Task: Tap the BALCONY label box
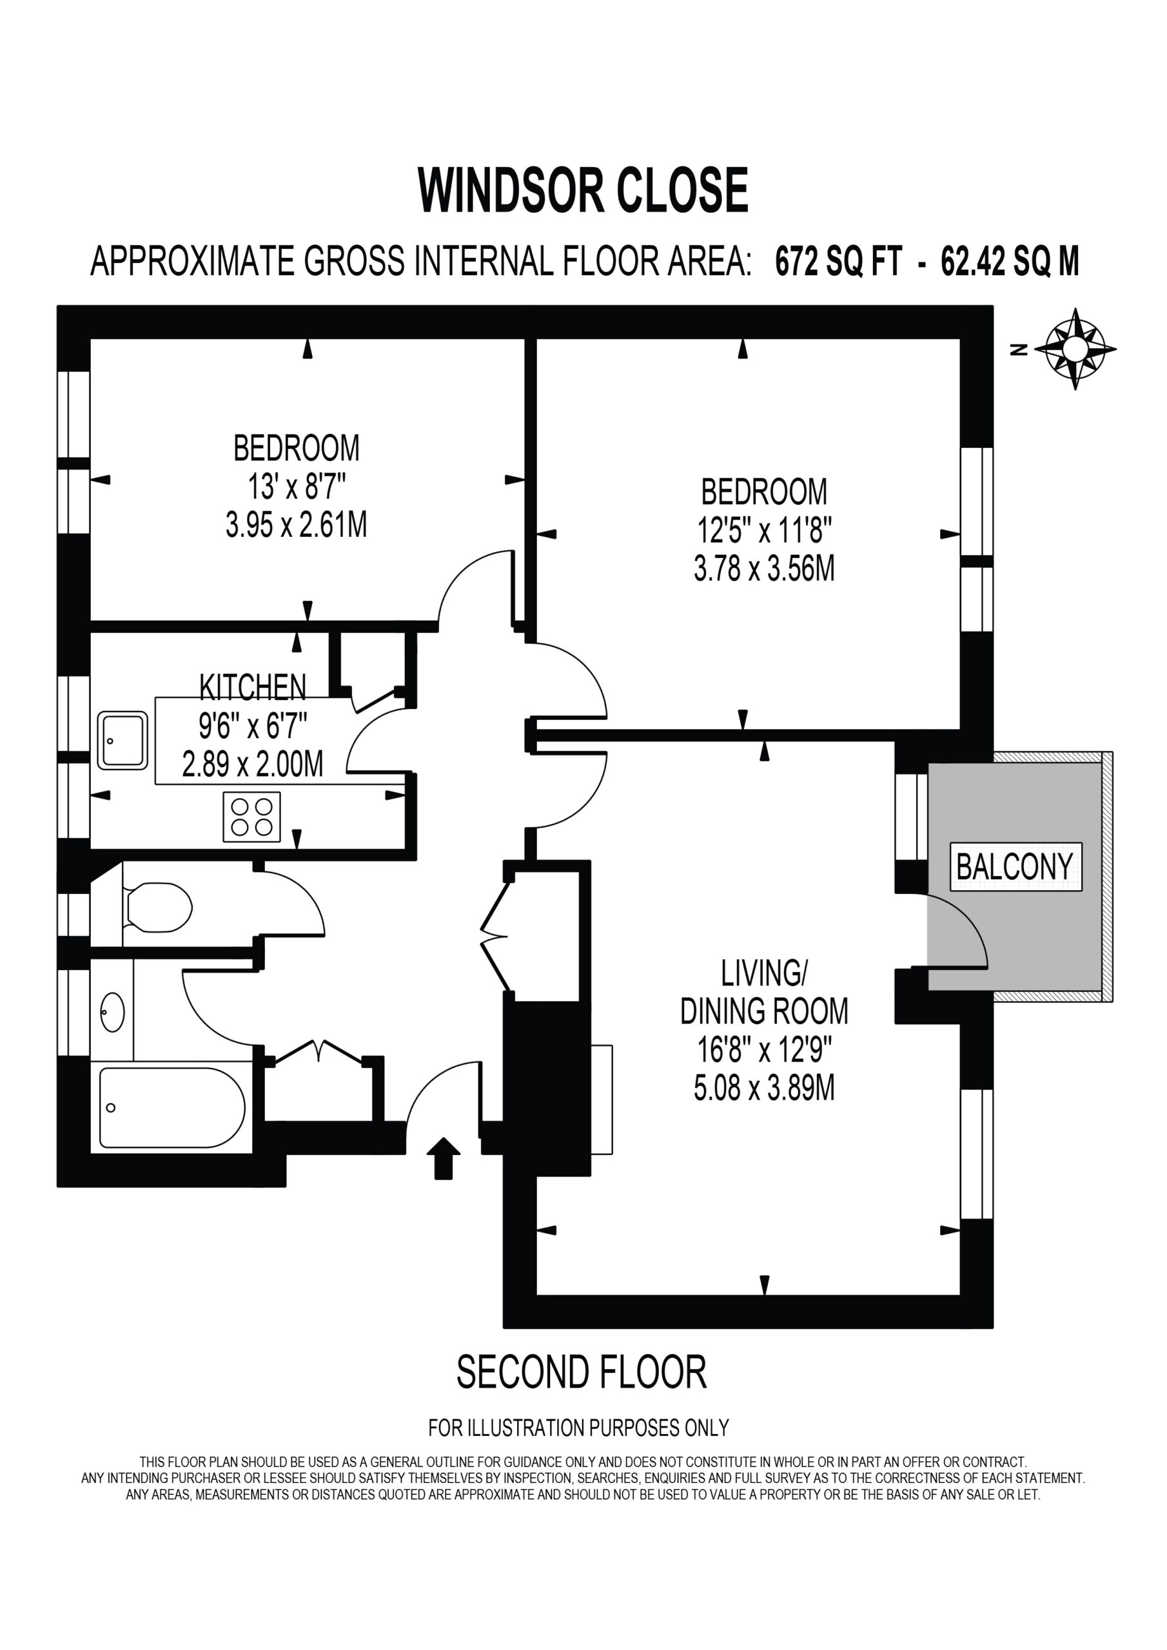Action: pos(1015,866)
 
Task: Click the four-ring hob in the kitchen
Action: pos(251,817)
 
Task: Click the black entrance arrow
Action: pos(444,1158)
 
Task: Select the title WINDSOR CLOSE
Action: pos(583,189)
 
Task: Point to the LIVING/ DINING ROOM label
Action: pos(764,992)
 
